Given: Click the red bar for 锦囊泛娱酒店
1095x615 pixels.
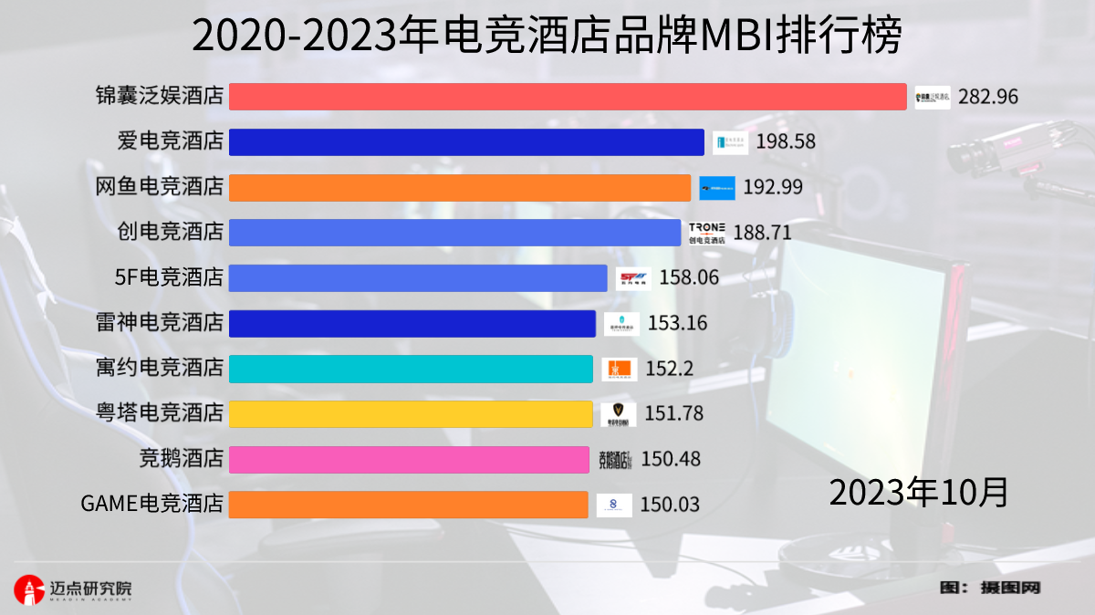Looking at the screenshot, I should click(567, 97).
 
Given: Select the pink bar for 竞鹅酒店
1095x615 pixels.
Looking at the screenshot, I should click(409, 459).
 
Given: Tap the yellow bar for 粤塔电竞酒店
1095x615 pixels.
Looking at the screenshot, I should click(411, 413).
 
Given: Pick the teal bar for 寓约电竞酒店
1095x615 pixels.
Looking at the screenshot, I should click(411, 369).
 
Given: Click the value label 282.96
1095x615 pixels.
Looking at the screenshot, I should click(988, 97).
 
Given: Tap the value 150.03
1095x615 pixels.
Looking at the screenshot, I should click(671, 505).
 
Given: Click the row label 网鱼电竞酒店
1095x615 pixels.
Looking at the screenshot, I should click(160, 187).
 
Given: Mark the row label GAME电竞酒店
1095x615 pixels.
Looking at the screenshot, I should click(152, 505).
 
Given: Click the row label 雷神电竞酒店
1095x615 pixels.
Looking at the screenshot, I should click(160, 323).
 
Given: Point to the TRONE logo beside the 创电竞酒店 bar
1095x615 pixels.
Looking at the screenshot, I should click(707, 233).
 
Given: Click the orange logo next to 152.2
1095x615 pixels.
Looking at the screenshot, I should click(620, 369).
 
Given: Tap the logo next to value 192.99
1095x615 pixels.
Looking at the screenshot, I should click(717, 188).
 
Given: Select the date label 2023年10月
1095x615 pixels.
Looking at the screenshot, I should click(919, 492).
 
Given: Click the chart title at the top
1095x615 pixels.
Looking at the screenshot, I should click(547, 36).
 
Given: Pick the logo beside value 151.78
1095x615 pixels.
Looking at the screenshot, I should click(619, 414).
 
